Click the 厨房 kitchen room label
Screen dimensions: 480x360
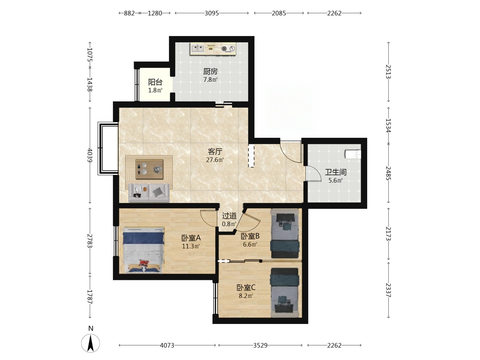(210, 71)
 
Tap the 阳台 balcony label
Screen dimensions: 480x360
(155, 82)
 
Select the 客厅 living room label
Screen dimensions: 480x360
(215, 151)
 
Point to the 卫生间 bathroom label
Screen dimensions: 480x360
(335, 172)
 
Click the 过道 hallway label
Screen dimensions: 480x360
(229, 216)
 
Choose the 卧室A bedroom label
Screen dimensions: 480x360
(191, 238)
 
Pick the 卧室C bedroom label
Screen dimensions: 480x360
(246, 287)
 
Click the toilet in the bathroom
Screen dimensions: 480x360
(353, 154)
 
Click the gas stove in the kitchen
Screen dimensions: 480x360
(228, 48)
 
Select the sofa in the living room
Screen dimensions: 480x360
(149, 193)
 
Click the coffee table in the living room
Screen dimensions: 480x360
(149, 169)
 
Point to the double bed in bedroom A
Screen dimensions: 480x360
(143, 250)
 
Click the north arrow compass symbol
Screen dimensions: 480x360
(91, 343)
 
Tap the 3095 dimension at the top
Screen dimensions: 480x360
(212, 13)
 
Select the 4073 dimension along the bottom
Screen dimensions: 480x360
(167, 345)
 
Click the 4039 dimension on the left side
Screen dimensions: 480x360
(90, 155)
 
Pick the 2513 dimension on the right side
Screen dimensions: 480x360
(388, 71)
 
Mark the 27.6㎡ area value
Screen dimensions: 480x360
(215, 160)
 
